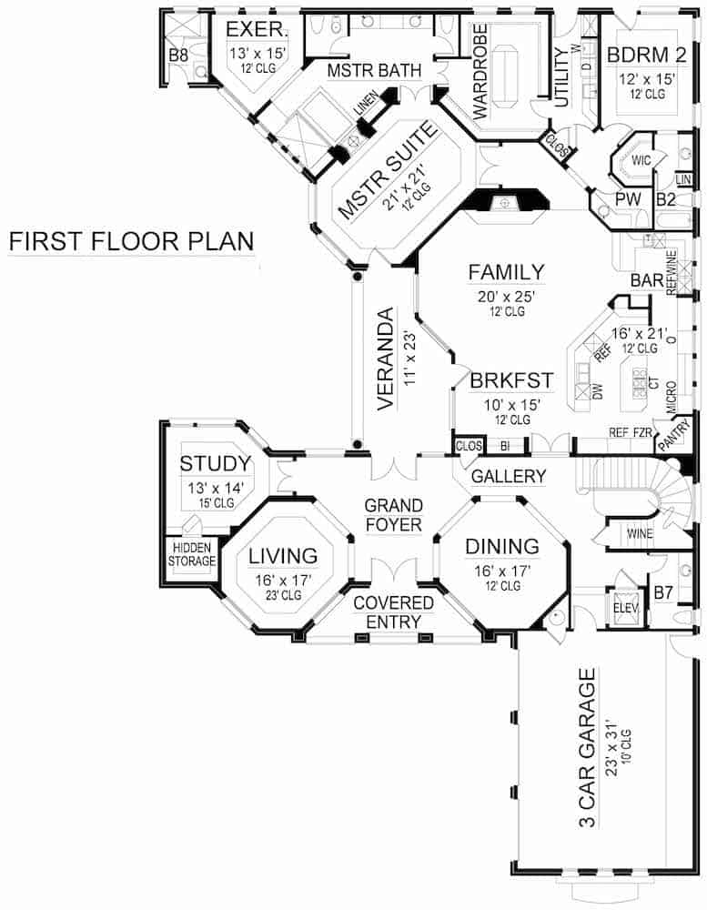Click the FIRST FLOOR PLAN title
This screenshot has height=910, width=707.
[x=131, y=242]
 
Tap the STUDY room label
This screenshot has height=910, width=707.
[x=215, y=463]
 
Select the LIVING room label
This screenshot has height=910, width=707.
[x=284, y=555]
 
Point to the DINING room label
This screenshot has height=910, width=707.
[x=502, y=546]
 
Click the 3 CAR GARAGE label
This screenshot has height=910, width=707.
[x=588, y=747]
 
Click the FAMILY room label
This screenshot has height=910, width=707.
[x=506, y=272]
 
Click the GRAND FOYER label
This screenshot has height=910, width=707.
[x=393, y=515]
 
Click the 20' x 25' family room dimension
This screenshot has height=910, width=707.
[x=506, y=296]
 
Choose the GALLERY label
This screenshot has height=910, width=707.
[x=509, y=476]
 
